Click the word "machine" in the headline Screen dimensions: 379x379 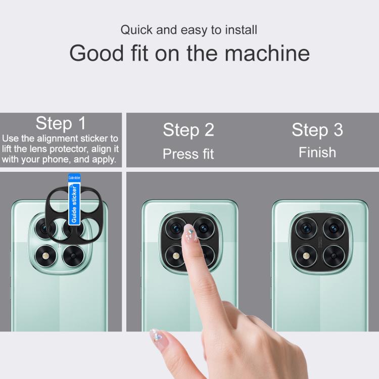(267, 53)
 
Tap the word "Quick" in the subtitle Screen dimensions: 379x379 (136, 30)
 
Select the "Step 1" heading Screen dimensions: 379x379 (61, 123)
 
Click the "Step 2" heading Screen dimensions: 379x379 (188, 130)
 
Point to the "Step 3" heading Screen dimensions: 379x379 (317, 130)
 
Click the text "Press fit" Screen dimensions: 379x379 (188, 154)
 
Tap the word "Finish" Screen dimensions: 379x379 (317, 153)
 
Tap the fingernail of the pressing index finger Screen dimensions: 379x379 (190, 232)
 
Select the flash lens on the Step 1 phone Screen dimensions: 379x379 (45, 256)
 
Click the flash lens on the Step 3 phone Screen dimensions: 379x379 (306, 256)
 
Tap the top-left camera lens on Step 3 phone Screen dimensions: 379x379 (306, 228)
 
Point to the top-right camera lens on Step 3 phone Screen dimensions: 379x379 (334, 228)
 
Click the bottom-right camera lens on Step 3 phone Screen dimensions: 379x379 (334, 256)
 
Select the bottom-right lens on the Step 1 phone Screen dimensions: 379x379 (73, 256)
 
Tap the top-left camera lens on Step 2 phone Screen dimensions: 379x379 (176, 228)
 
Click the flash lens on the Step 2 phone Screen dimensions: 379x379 (176, 256)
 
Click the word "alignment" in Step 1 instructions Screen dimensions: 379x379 (58, 138)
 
